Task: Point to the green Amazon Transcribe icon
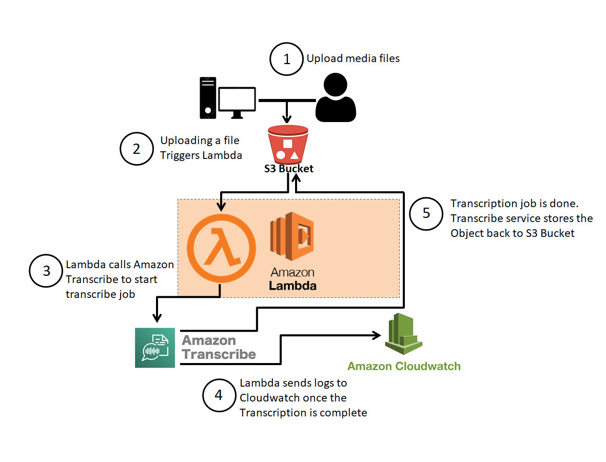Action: tap(155, 348)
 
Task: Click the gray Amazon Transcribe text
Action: tap(219, 347)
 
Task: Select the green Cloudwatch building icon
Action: tap(403, 335)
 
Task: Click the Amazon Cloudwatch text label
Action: tap(404, 366)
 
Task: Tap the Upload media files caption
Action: tap(353, 58)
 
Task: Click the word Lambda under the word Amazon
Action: tap(293, 285)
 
